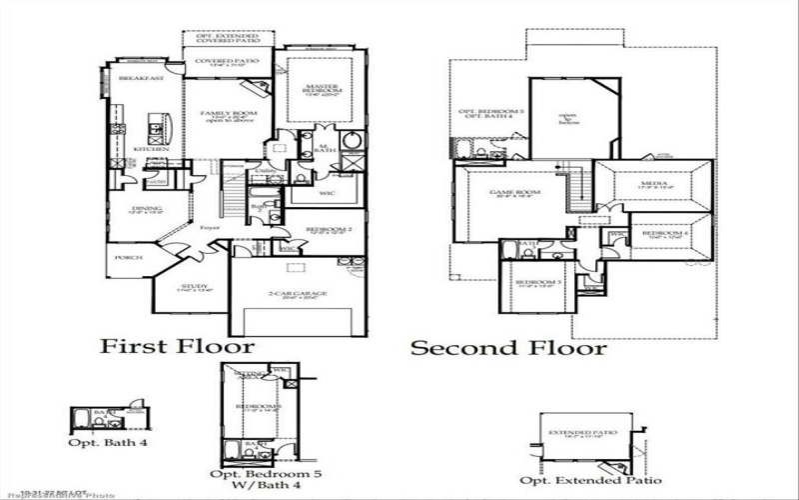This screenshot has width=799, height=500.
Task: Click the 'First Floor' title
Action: [x=176, y=346]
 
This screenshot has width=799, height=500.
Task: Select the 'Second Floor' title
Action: [x=508, y=348]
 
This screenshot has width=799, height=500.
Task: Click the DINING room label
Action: [x=139, y=209]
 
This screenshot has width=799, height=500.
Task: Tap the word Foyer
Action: [x=210, y=228]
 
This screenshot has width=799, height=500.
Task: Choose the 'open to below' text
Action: [x=568, y=119]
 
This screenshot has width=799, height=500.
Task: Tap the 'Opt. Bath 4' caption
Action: [x=103, y=442]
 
